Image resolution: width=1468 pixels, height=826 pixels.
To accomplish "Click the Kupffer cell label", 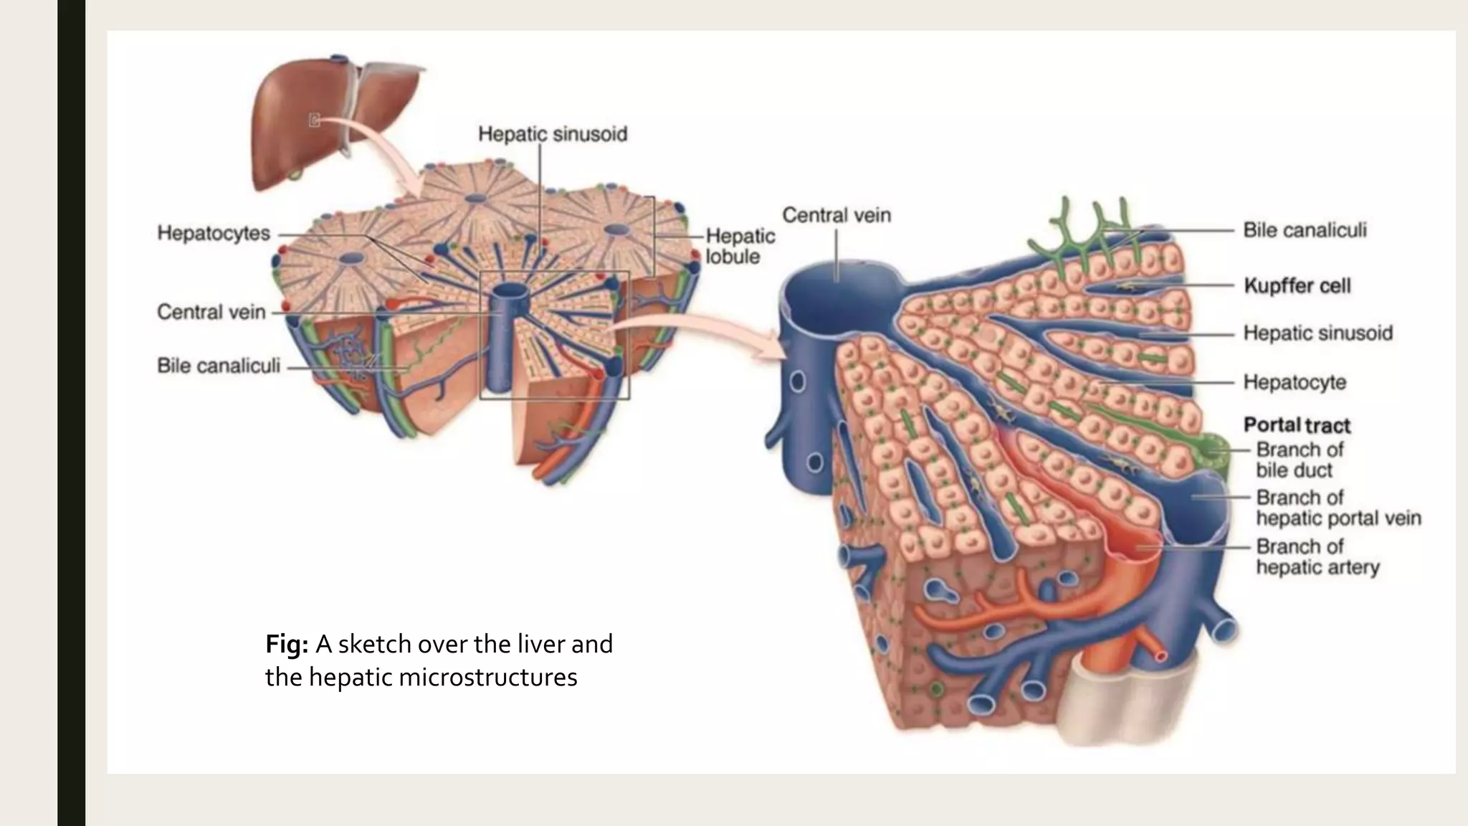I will click(1297, 285).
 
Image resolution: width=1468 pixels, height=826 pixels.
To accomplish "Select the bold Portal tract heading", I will click(1297, 425).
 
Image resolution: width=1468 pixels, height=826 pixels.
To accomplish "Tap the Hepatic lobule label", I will click(740, 246).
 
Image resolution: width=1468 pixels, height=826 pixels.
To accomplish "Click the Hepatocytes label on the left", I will click(214, 233).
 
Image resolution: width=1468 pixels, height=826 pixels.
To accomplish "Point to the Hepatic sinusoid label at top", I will click(553, 134).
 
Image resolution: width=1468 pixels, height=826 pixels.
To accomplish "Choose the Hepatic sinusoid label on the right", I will click(1317, 333).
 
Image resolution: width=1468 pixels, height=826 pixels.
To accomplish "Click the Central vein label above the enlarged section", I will click(837, 215).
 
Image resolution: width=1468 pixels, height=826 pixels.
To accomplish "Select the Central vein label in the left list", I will click(211, 312).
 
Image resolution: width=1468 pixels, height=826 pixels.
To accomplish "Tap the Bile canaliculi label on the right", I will click(1305, 230).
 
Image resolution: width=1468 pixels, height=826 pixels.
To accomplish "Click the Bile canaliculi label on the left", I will click(219, 366).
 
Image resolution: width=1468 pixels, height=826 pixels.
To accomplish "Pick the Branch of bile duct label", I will click(1299, 460).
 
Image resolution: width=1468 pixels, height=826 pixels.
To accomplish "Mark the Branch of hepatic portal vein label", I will click(1338, 508).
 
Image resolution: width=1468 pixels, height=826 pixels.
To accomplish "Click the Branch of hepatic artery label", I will click(1317, 556).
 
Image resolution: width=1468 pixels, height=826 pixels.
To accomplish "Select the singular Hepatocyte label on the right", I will click(1295, 382).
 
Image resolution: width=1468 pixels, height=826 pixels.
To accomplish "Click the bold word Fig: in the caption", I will click(287, 644).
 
